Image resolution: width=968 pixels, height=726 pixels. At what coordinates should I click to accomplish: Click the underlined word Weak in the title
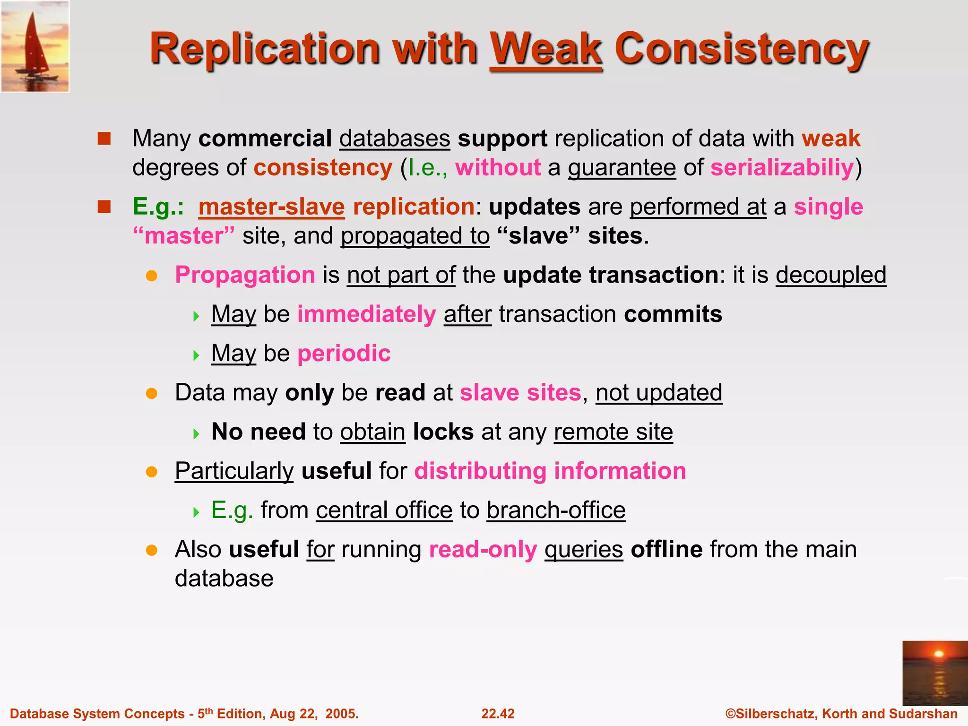(546, 49)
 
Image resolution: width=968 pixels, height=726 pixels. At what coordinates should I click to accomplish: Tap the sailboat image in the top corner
(35, 46)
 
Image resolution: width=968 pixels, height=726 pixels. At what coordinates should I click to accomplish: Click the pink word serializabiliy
(782, 168)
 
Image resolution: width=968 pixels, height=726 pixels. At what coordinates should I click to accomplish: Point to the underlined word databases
(395, 138)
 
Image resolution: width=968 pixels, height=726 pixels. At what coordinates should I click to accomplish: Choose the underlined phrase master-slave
(271, 207)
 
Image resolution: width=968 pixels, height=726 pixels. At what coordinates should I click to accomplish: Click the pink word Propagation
(245, 275)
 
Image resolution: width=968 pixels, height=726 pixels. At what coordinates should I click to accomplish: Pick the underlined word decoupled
(830, 275)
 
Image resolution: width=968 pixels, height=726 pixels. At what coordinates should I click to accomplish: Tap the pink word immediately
(366, 314)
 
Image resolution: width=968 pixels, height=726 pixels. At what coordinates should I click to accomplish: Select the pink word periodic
(344, 354)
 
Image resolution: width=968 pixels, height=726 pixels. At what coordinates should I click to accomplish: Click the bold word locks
(443, 432)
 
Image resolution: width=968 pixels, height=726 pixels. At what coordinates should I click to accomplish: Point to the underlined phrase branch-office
(556, 510)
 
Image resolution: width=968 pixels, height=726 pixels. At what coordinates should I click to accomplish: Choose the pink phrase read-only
(483, 550)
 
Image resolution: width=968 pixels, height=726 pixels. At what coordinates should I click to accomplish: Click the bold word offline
(666, 550)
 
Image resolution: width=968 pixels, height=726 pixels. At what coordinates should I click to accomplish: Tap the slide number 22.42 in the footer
(498, 714)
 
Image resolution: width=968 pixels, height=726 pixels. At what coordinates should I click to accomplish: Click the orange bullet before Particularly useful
(151, 472)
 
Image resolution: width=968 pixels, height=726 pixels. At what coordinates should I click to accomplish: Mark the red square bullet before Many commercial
(104, 138)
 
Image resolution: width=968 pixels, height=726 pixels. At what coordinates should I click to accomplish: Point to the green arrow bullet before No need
(197, 433)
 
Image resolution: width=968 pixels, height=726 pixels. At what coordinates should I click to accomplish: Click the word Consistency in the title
(741, 49)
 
